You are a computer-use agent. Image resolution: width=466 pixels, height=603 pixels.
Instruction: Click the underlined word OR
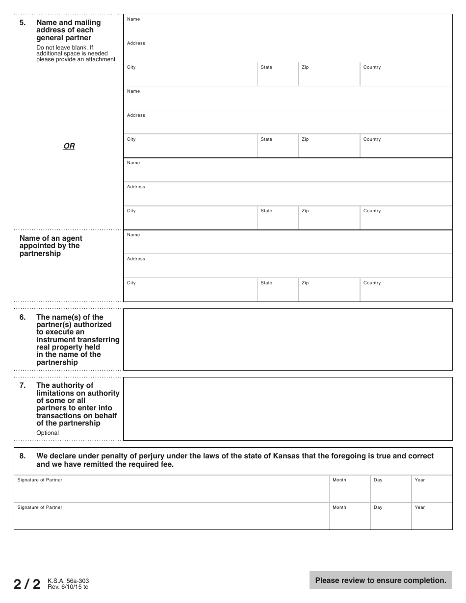pyautogui.click(x=69, y=146)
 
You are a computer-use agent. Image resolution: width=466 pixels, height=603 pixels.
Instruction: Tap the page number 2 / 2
pyautogui.click(x=27, y=584)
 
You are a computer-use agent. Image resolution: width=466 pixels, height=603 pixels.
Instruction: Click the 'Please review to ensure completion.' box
pyautogui.click(x=381, y=580)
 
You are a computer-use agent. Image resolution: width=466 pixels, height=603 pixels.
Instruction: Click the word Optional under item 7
pyautogui.click(x=48, y=433)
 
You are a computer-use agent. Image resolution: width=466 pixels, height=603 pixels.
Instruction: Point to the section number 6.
pyautogui.click(x=23, y=317)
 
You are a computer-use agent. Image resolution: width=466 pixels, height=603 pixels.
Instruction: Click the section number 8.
pyautogui.click(x=23, y=456)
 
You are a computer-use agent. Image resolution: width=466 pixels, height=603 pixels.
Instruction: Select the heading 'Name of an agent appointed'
pyautogui.click(x=51, y=246)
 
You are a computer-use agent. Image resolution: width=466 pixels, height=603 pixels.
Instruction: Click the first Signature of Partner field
pyautogui.click(x=172, y=489)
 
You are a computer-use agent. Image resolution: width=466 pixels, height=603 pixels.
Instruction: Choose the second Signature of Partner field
pyautogui.click(x=172, y=517)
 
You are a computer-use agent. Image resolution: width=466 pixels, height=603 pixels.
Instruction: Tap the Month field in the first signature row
pyautogui.click(x=349, y=489)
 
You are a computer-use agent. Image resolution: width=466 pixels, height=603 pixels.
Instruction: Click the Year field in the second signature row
pyautogui.click(x=432, y=517)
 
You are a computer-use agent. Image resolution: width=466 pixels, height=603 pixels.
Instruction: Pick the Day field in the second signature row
pyautogui.click(x=390, y=517)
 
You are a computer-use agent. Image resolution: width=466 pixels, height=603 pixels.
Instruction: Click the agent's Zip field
pyautogui.click(x=329, y=291)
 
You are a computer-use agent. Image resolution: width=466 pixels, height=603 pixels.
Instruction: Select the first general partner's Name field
pyautogui.click(x=288, y=27)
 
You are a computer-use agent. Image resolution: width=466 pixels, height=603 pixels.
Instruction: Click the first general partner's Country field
pyautogui.click(x=406, y=75)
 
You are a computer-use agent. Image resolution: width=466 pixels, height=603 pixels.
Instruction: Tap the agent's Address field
pyautogui.click(x=288, y=267)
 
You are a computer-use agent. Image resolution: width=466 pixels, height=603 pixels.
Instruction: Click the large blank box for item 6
pyautogui.click(x=288, y=339)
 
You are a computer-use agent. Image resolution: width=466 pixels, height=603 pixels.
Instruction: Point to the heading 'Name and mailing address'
pyautogui.click(x=68, y=30)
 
